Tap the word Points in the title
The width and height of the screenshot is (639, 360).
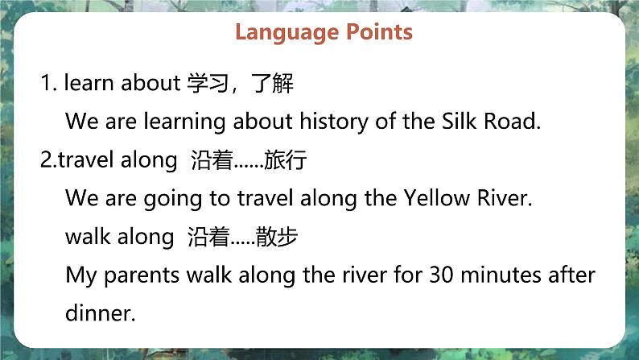[379, 31]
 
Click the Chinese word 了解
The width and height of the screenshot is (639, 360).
[272, 83]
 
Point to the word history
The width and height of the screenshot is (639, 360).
[334, 122]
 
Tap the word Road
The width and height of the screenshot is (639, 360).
[512, 121]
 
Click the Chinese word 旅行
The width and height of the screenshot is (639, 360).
[285, 159]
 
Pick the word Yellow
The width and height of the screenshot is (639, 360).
[436, 198]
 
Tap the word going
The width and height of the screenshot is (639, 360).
[173, 200]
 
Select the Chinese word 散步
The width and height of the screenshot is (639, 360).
[277, 237]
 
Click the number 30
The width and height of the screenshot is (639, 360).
[441, 275]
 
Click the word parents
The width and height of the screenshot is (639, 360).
[142, 276]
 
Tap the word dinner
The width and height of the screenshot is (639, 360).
[101, 313]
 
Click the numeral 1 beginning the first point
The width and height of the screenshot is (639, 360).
[46, 83]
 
